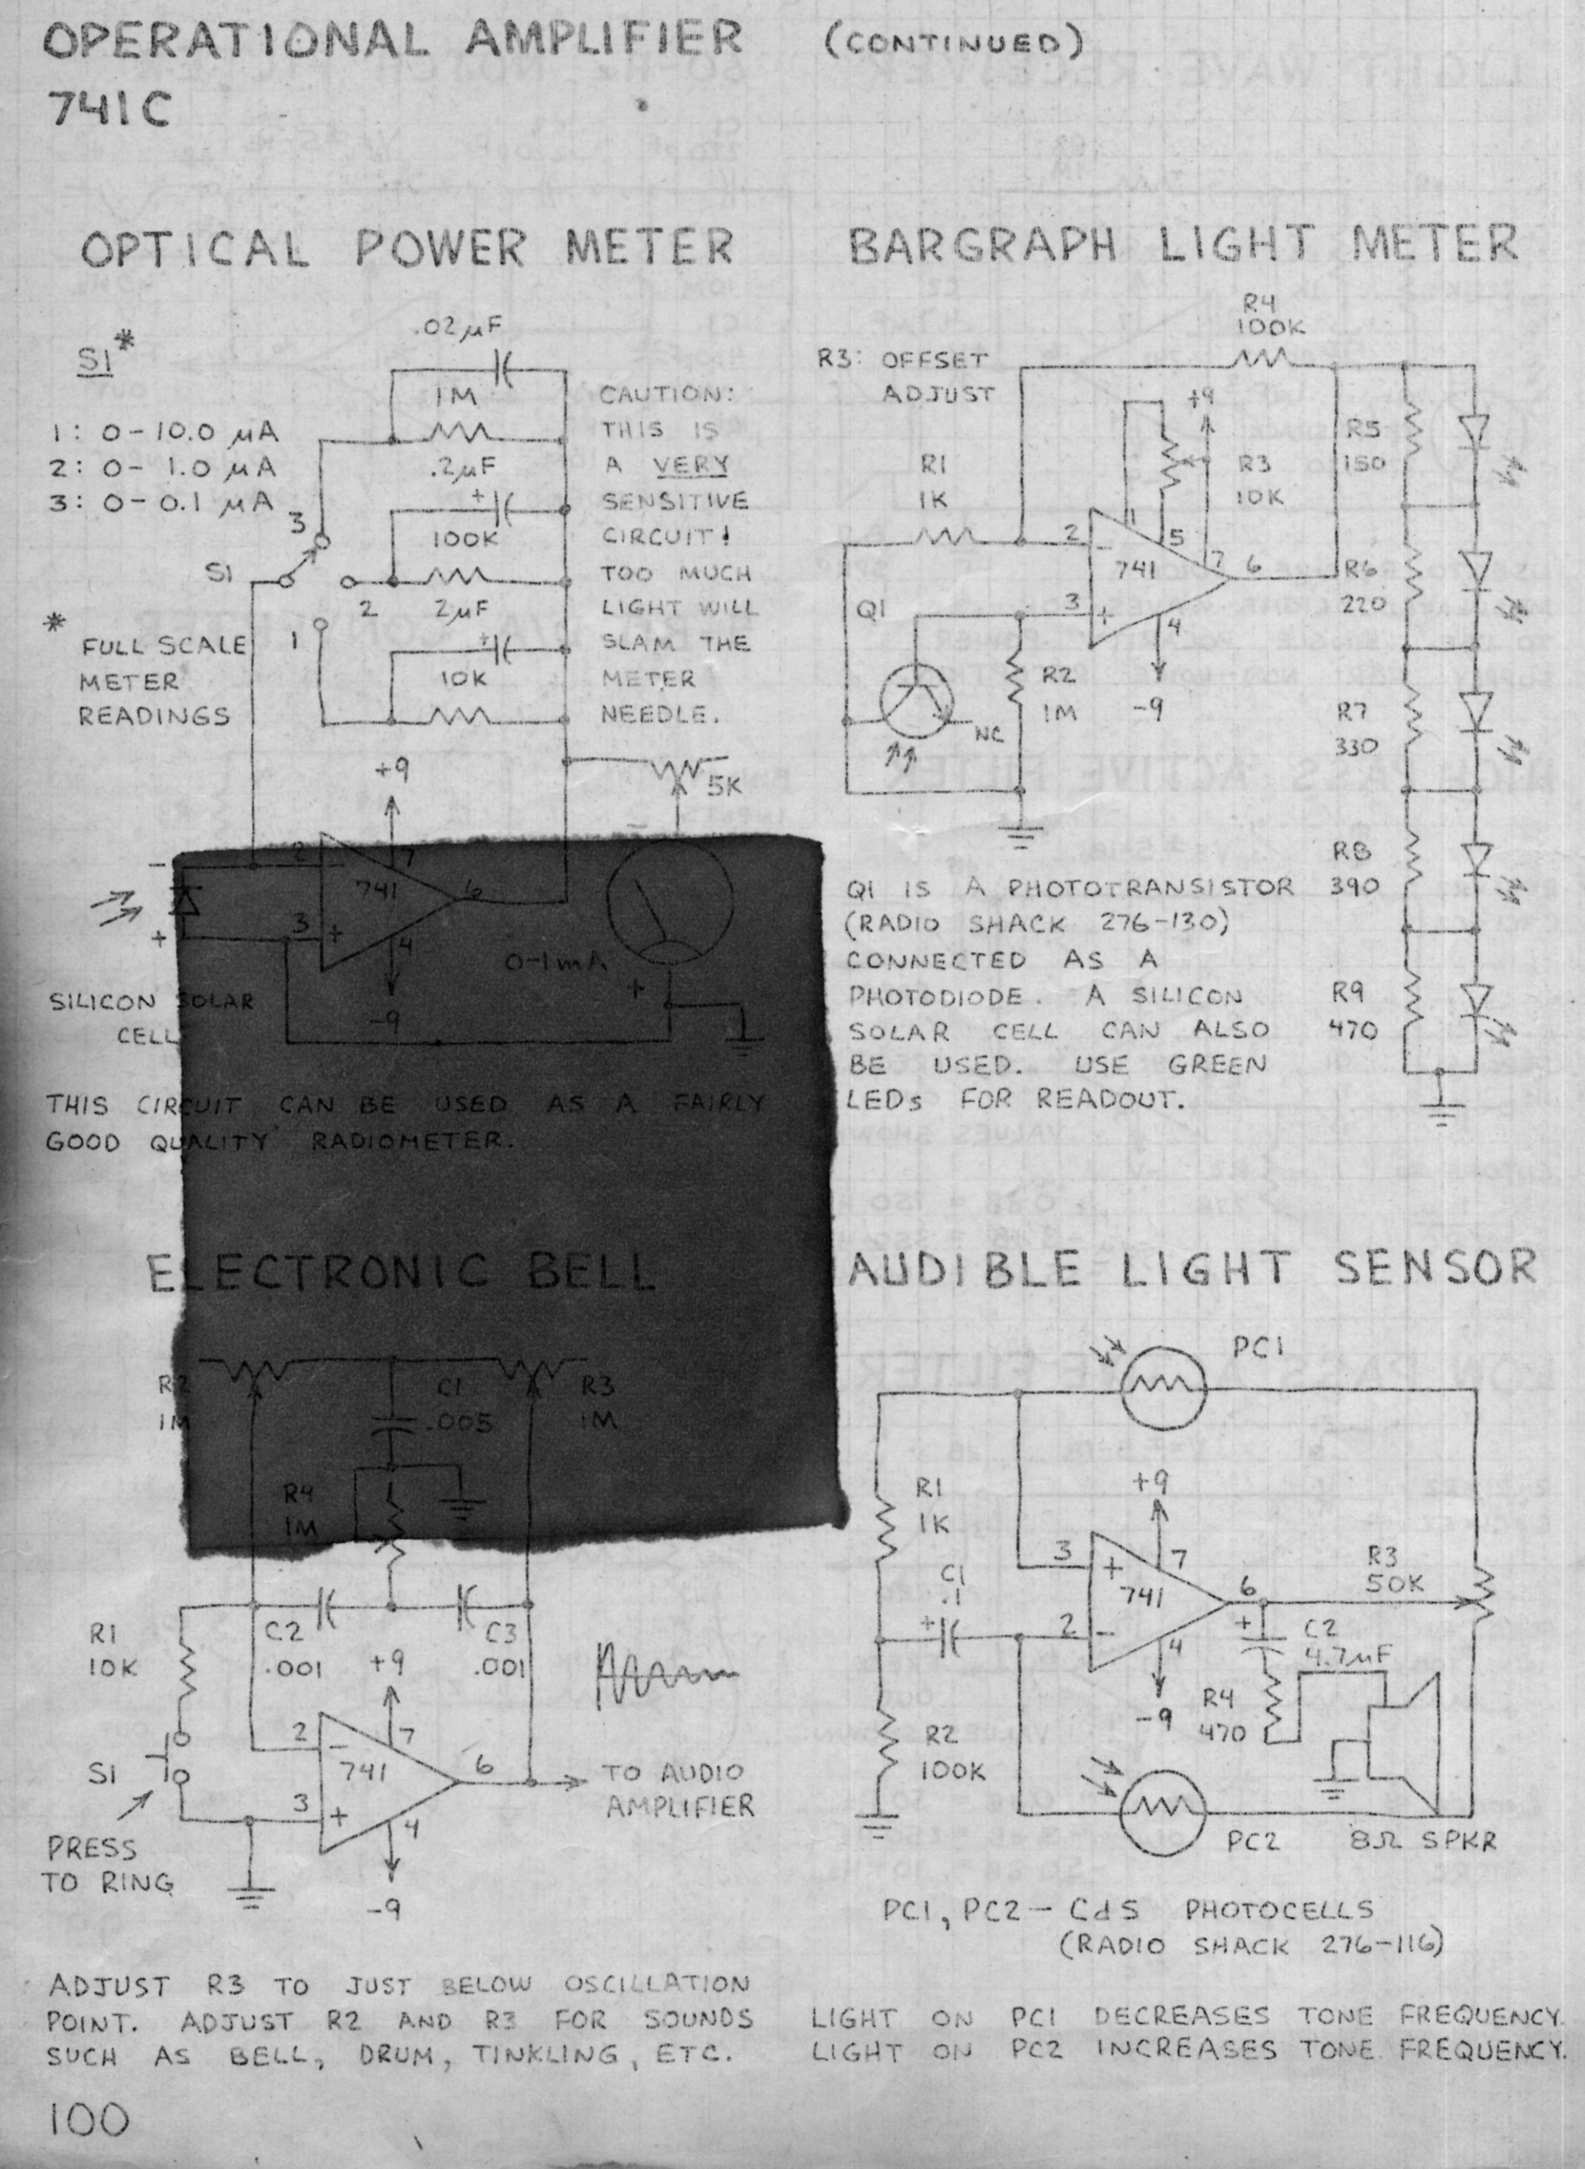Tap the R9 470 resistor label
click(x=1353, y=1012)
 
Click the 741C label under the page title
click(x=108, y=112)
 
